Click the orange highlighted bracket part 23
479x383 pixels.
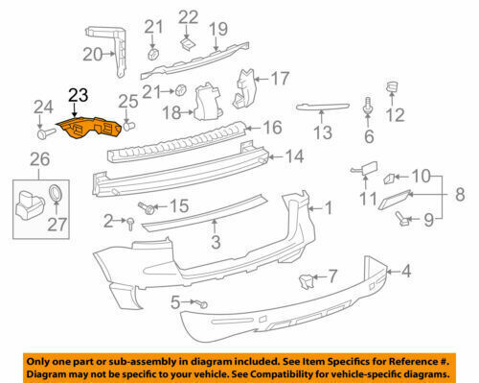(89, 128)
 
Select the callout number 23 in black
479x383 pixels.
(79, 95)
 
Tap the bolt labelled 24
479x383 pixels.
(46, 132)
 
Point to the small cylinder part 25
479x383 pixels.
(129, 126)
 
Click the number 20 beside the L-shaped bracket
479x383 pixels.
(93, 55)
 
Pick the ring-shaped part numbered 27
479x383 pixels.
(57, 193)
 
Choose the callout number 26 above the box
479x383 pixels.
(40, 159)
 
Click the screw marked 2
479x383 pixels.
(130, 224)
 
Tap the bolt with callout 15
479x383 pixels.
(147, 207)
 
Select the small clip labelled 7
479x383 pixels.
(306, 281)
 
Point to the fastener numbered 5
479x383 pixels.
(202, 303)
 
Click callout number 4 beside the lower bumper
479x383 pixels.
(406, 271)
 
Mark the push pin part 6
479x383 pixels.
(368, 106)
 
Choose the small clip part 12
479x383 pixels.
(392, 86)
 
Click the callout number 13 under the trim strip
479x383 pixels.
(323, 132)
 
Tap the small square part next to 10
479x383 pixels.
(390, 179)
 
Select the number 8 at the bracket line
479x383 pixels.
(460, 194)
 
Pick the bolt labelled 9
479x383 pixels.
(401, 219)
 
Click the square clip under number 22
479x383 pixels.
(188, 44)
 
